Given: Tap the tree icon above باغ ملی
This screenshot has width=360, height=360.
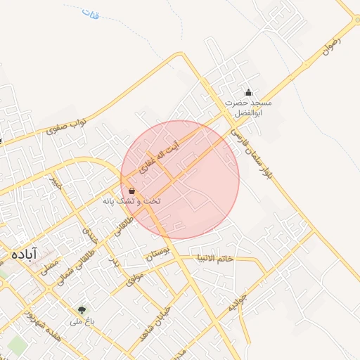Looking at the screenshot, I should (82, 309).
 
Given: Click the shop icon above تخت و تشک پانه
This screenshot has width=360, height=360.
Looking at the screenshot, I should (132, 191).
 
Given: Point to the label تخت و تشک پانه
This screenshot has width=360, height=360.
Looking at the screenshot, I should (132, 202).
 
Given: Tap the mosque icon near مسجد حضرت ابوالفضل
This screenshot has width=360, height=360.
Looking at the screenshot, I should (247, 92).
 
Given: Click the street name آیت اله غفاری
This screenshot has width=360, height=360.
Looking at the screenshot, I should (159, 159).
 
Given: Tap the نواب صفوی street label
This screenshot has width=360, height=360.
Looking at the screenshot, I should (67, 126).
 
